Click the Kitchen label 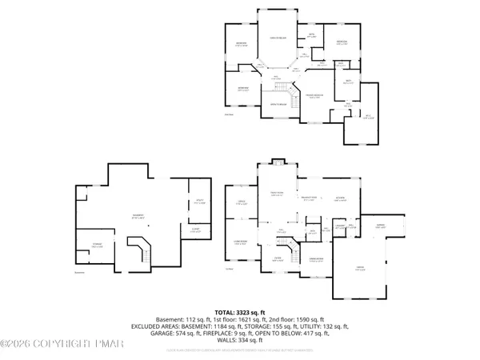pos(340,199)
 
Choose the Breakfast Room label pos(308,199)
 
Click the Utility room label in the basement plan pos(198,203)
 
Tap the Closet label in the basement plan pos(195,231)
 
